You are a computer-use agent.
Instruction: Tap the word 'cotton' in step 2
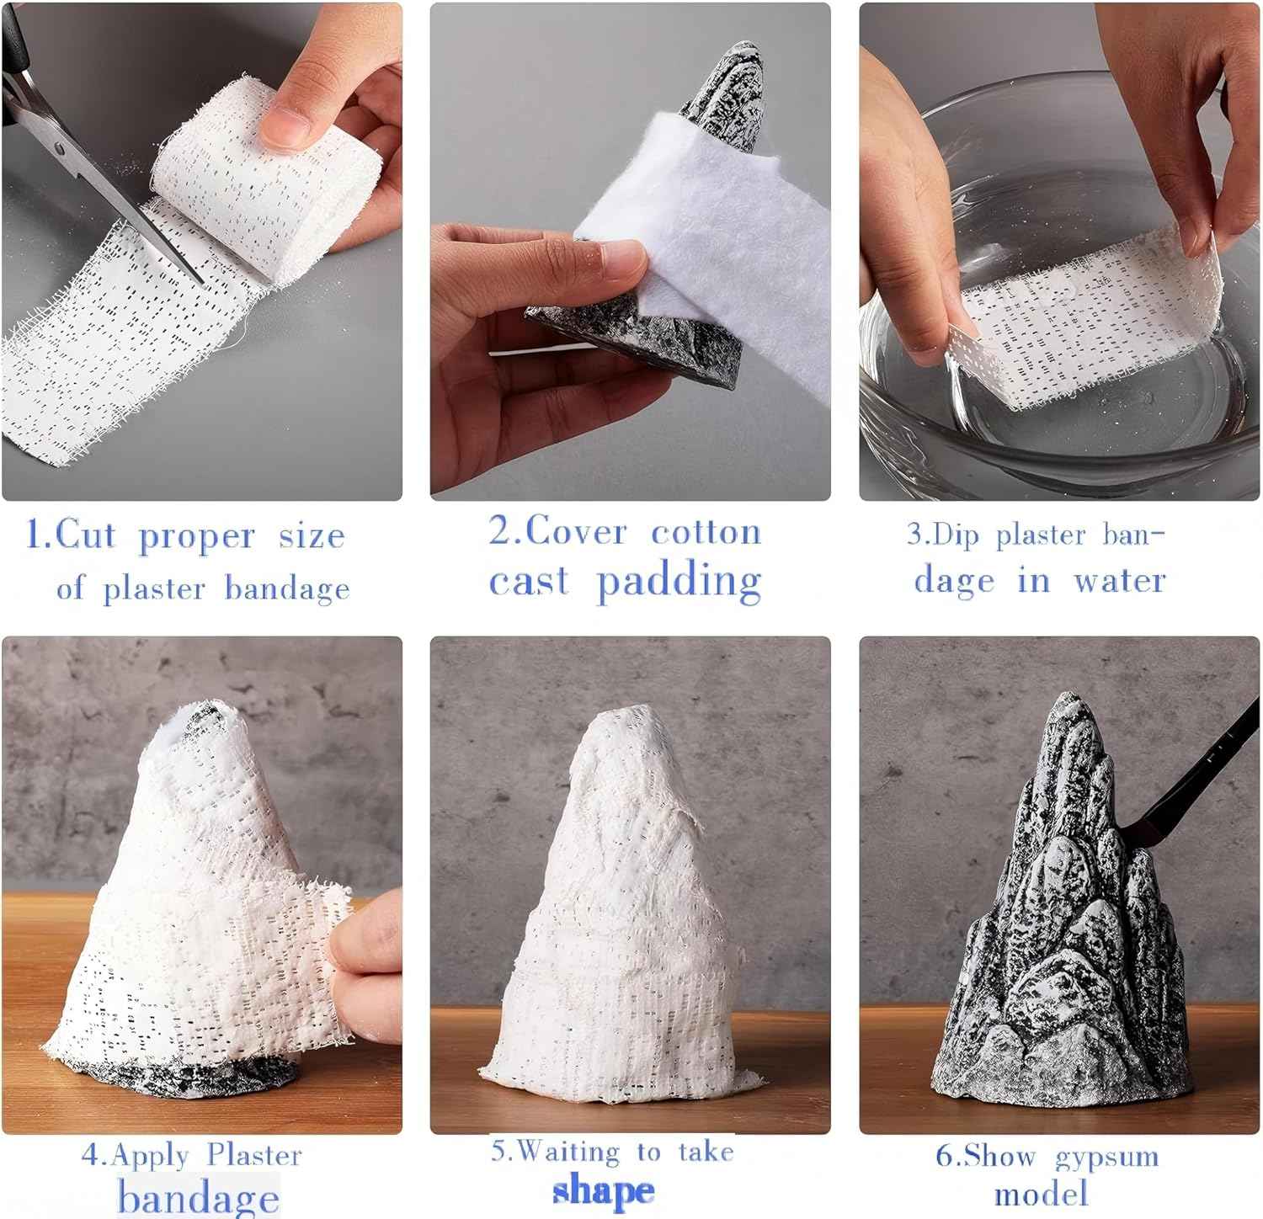tap(706, 532)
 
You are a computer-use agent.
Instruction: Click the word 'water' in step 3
tap(1119, 580)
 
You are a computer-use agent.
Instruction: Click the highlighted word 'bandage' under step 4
tap(199, 1197)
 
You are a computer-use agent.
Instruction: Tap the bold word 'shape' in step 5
tap(604, 1191)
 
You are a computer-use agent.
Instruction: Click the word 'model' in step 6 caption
tap(1041, 1194)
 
